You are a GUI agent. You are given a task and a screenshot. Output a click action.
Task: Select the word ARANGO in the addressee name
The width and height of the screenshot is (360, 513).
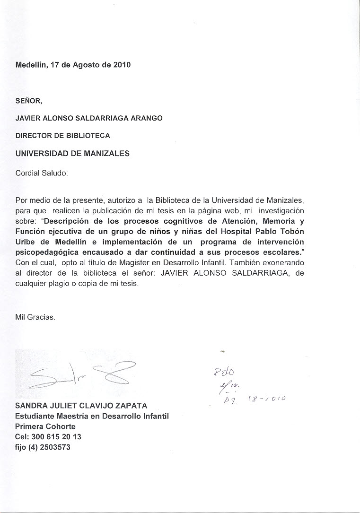[146, 118]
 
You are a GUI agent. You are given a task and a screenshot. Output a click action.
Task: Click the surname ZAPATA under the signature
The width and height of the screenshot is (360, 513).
[130, 406]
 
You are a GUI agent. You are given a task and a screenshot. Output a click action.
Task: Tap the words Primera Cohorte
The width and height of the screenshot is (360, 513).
[45, 426]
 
